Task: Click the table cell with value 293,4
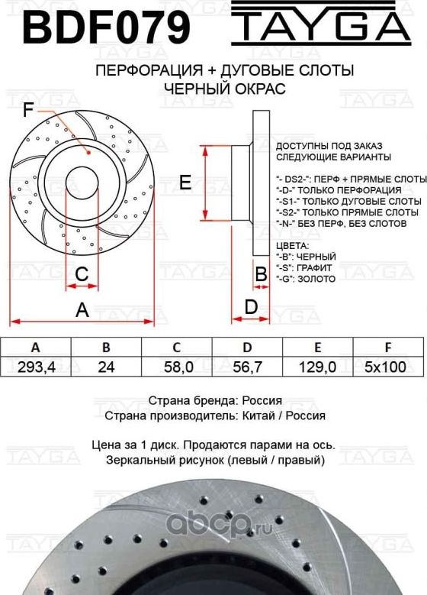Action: click(36, 367)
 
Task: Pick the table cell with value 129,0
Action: click(317, 367)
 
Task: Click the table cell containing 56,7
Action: click(247, 367)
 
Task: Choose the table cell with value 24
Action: click(106, 367)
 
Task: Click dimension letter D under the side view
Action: click(250, 307)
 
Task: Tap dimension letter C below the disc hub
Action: click(82, 273)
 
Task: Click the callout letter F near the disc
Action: click(28, 111)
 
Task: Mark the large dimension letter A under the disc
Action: click(82, 309)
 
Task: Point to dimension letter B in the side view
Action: click(260, 273)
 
